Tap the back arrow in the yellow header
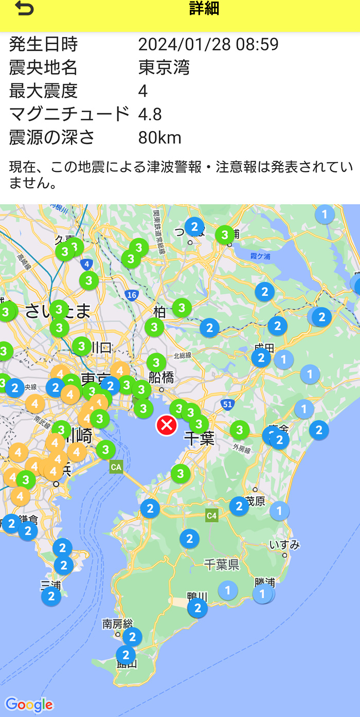click(24, 9)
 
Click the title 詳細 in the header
click(204, 9)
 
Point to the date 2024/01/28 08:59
click(208, 44)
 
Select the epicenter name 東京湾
click(164, 67)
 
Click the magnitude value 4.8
click(150, 114)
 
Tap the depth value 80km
click(160, 137)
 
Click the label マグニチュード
click(69, 114)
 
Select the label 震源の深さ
click(52, 137)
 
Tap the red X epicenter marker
click(167, 425)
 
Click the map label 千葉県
click(222, 565)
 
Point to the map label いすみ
click(284, 545)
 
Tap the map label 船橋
click(161, 377)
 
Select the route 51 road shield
click(228, 405)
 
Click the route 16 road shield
click(132, 295)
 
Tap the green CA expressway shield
click(116, 467)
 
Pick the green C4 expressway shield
click(212, 515)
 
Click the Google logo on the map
click(29, 705)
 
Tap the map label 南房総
click(118, 624)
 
